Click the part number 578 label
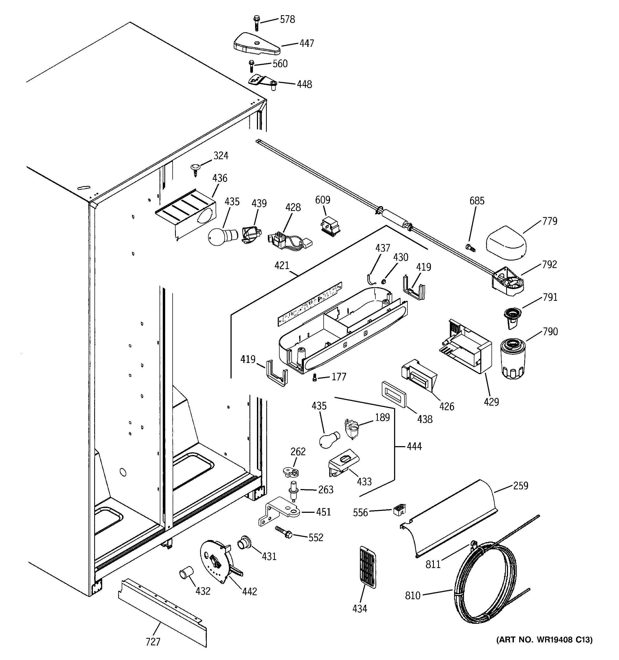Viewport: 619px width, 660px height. pyautogui.click(x=287, y=19)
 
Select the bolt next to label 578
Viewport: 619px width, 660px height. pyautogui.click(x=256, y=23)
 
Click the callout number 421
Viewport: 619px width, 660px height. pyautogui.click(x=282, y=266)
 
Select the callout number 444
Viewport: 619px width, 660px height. pyautogui.click(x=414, y=446)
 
